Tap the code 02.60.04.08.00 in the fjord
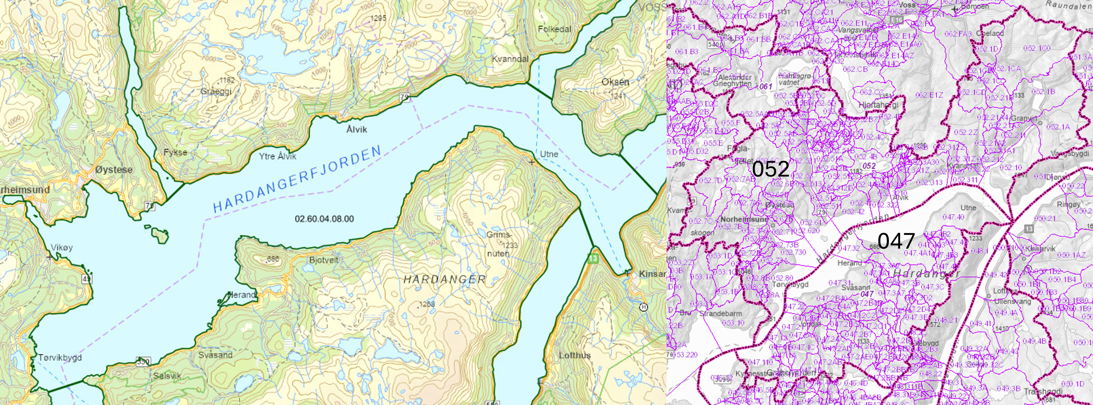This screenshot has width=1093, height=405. (x=324, y=219)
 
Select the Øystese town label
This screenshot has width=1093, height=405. (x=114, y=170)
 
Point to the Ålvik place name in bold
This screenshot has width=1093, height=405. (x=356, y=129)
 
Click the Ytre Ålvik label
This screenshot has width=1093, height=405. (x=278, y=156)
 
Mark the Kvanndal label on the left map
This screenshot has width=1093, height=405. (x=510, y=59)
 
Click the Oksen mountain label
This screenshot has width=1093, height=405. (x=615, y=82)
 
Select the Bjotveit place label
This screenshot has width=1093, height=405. (x=324, y=260)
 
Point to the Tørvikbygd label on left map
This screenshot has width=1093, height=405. (x=60, y=357)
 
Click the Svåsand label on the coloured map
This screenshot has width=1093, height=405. (x=215, y=355)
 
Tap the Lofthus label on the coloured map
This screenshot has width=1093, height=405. (x=575, y=355)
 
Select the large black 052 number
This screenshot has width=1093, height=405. (x=770, y=169)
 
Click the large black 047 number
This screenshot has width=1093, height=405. (x=896, y=241)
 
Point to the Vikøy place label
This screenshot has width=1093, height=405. (x=62, y=247)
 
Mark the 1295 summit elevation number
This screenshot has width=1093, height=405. (x=378, y=18)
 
